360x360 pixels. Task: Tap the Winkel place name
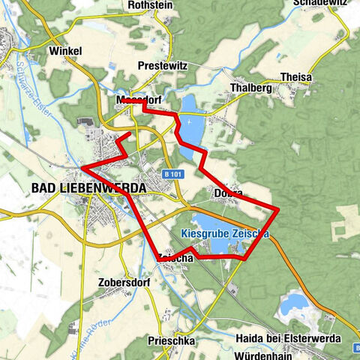[x=65, y=51]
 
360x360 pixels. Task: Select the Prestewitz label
[x=161, y=66]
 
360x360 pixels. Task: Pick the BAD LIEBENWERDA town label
[x=88, y=187]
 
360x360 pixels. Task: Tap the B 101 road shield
[x=172, y=174]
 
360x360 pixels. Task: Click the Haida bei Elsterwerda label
[x=288, y=339]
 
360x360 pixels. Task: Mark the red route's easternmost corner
[x=278, y=208]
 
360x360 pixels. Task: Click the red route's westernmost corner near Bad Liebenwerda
[x=81, y=166]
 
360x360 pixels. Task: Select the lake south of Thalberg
[x=192, y=124]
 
